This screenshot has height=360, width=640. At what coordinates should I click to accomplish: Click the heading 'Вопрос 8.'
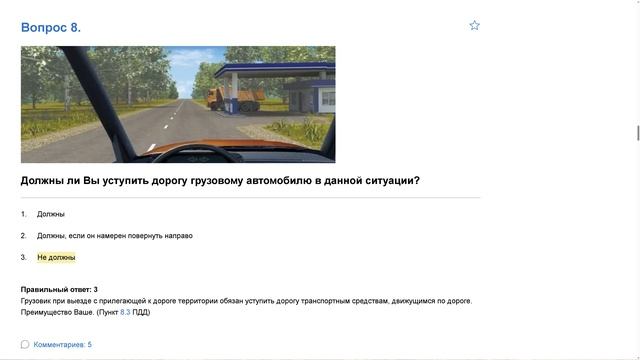pos(50,27)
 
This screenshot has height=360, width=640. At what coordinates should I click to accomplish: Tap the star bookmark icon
pos(474,25)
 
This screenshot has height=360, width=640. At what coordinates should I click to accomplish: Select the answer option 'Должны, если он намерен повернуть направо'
pos(114,236)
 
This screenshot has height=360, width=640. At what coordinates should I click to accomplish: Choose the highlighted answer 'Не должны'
pos(56,257)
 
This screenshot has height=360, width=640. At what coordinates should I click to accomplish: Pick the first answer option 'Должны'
pos(51,214)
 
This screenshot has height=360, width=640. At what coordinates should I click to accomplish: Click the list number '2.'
pos(23,236)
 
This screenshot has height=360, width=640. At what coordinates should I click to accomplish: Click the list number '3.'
pos(23,257)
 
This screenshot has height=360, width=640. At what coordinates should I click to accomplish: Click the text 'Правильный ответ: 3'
pos(59,289)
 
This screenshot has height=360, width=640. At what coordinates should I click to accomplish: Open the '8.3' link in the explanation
pos(125,312)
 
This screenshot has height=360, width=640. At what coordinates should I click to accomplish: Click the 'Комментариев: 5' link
pos(62,345)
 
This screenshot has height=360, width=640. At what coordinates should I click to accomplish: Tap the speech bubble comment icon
pos(25,345)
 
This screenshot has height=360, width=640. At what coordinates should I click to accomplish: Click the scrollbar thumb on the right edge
pos(636,133)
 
